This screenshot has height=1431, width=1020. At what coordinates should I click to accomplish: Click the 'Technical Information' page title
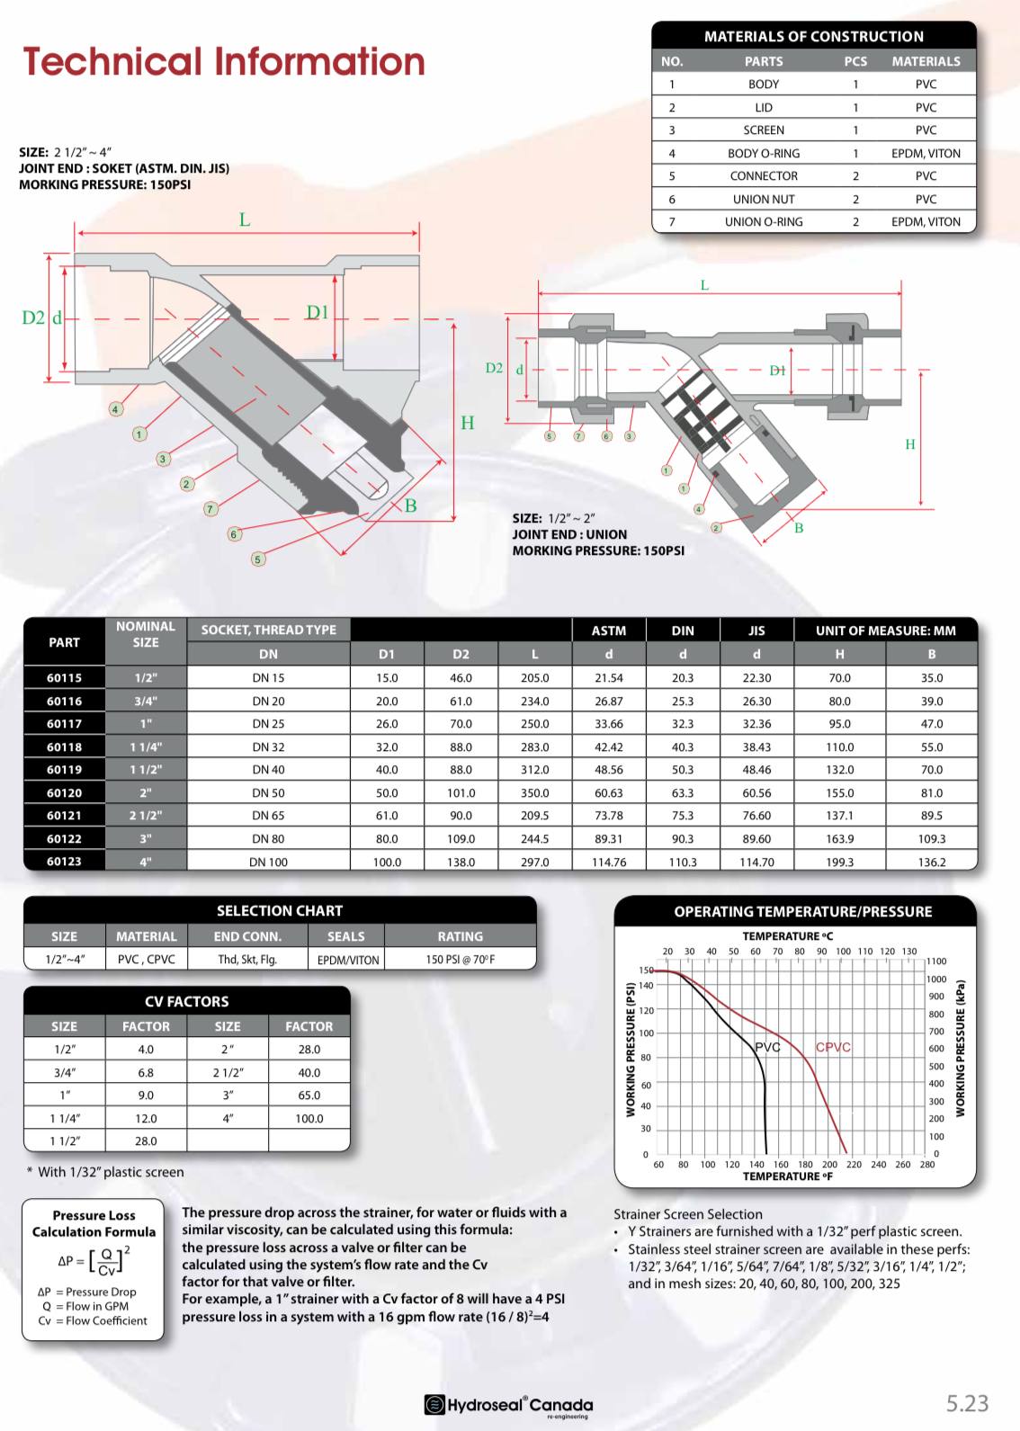point(224,61)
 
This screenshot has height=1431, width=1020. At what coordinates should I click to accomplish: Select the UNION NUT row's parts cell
point(763,199)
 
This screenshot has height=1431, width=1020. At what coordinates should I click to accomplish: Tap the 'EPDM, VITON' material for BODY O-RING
point(926,153)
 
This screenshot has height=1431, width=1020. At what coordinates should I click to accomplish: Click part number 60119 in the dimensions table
point(64,770)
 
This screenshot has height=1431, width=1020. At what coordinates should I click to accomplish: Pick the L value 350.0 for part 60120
point(534,793)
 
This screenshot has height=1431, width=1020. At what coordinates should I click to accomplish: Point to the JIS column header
point(756,631)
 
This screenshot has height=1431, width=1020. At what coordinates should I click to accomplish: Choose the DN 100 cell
point(268,862)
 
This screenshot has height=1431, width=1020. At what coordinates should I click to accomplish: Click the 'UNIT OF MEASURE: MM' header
point(885,631)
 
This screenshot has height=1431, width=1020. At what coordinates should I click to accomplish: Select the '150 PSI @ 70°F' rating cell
point(460,960)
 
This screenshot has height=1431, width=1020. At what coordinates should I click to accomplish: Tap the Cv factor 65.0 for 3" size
point(309,1096)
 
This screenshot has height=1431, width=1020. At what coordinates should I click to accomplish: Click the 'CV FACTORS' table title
point(186,1001)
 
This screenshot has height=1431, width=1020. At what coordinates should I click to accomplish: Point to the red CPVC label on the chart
point(833,1047)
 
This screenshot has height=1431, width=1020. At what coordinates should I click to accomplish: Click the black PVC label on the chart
point(767,1047)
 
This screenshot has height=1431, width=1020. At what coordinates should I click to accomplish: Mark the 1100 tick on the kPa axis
point(936,961)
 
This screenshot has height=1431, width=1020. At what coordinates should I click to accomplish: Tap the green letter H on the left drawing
point(467,423)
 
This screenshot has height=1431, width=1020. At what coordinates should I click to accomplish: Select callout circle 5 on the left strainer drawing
point(258,559)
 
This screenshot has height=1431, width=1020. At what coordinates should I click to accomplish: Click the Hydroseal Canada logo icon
point(434,1404)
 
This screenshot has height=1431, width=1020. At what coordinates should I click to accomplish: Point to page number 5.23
point(967,1403)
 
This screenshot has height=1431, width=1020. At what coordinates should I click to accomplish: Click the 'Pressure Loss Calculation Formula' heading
point(94,1223)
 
